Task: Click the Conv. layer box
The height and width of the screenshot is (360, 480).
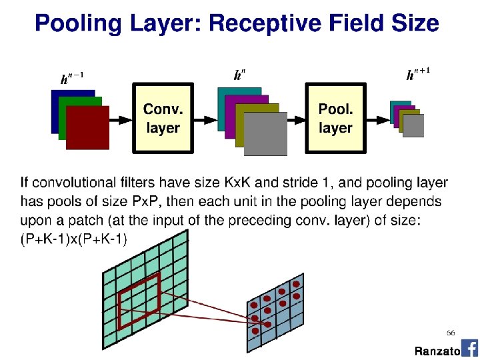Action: coord(163,119)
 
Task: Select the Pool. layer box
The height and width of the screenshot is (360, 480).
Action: coord(335,119)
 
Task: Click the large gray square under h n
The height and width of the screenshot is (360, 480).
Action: coord(265,133)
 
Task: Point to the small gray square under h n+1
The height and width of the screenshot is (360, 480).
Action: coord(413,125)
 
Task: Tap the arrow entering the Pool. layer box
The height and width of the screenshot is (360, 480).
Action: coord(295,119)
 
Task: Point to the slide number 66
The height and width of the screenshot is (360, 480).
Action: coord(451,332)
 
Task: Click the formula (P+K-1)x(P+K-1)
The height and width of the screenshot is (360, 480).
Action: coord(74,239)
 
